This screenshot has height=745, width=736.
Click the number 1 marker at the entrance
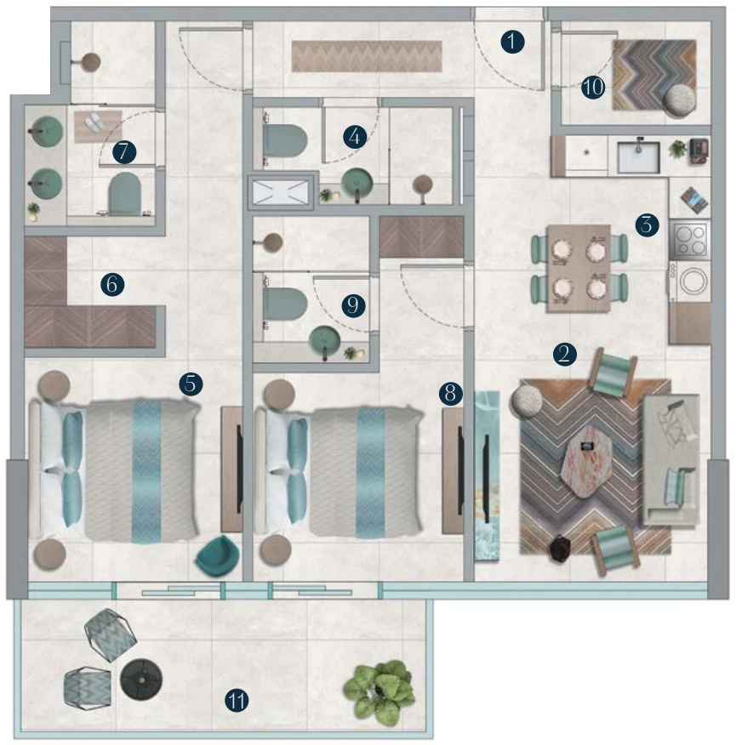tap(512, 42)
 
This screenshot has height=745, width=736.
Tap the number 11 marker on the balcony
tap(237, 700)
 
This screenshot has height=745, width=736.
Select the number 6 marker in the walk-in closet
tap(112, 284)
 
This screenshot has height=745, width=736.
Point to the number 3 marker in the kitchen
tap(648, 225)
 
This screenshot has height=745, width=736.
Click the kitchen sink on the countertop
tap(638, 156)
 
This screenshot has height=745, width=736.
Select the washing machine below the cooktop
tap(690, 282)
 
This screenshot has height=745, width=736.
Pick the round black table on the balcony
tap(141, 680)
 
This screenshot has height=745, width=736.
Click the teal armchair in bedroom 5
tap(218, 556)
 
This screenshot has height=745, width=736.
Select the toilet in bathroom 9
tap(285, 304)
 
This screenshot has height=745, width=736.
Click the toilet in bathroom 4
tap(285, 140)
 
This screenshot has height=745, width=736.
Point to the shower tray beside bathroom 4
tap(281, 192)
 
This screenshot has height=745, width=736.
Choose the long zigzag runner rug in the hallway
tap(367, 56)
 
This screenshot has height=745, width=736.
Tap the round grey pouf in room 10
tap(680, 100)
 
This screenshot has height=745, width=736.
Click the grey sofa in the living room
tap(671, 459)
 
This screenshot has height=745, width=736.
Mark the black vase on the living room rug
tap(561, 549)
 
